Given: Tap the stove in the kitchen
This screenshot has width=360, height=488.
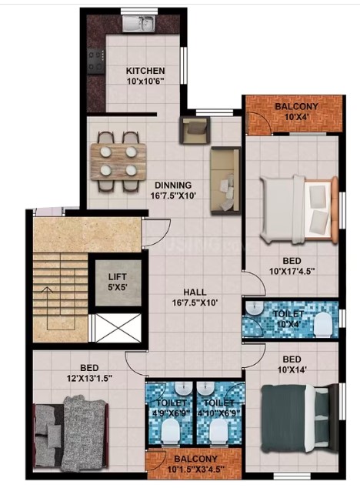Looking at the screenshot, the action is (95, 61).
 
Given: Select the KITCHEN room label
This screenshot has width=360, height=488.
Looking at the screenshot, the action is (145, 71).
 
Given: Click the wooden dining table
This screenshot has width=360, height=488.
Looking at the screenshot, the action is (118, 161).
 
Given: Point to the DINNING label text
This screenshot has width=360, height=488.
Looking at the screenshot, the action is (173, 186).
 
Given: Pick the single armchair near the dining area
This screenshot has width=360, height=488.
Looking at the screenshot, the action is (195, 130).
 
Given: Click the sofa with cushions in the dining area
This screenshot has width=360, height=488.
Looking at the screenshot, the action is (225, 181).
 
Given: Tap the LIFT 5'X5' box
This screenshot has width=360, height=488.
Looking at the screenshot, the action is (118, 282).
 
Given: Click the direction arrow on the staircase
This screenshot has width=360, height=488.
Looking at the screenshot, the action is (47, 308).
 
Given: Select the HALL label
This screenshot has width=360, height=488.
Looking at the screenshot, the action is (195, 292).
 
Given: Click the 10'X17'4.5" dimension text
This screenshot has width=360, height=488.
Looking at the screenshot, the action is (292, 271).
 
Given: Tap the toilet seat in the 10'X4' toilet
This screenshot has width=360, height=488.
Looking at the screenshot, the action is (323, 325).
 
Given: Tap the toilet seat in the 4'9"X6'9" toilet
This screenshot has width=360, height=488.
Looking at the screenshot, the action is (170, 430).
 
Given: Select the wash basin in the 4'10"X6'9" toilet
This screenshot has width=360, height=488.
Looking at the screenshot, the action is (205, 389).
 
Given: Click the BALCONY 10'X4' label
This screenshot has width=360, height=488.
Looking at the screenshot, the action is (296, 111).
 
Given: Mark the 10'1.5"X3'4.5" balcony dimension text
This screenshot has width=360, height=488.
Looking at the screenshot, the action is (195, 469).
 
